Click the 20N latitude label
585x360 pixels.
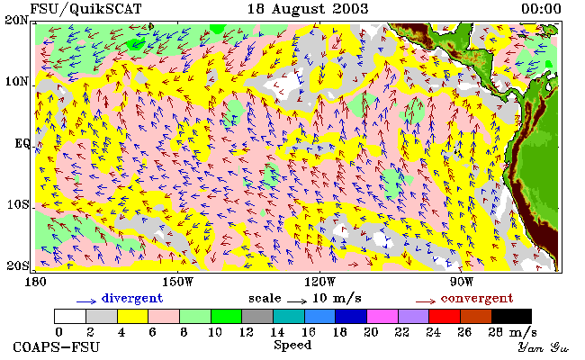tap(16, 20)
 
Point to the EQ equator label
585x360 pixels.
tap(22, 144)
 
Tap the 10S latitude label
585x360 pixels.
tap(17, 205)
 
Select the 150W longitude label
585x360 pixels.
tap(178, 282)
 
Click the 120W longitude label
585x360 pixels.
tap(319, 282)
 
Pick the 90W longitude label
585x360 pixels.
tap(462, 282)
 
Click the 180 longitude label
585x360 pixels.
tap(35, 282)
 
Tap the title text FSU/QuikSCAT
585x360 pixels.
tap(85, 9)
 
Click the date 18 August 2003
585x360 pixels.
tap(308, 9)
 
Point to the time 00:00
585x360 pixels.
tap(541, 9)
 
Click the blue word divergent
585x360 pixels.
tap(132, 298)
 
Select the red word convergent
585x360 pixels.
tap(477, 299)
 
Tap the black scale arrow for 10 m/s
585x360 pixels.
tap(297, 301)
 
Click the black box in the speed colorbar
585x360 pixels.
tap(511, 317)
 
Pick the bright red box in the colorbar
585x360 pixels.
tap(445, 317)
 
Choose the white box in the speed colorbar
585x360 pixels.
tap(70, 317)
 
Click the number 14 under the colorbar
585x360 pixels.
tap(277, 332)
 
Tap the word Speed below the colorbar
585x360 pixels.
tap(292, 346)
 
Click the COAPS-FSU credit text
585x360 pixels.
tap(57, 347)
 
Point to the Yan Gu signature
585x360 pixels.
tap(544, 348)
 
